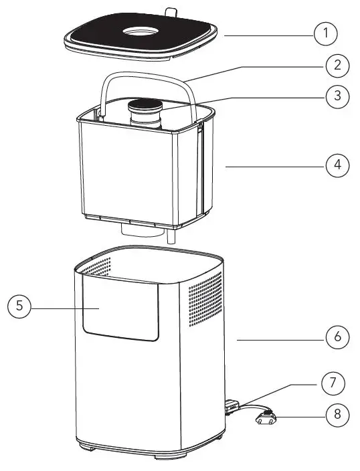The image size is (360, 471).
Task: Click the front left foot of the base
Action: (x=86, y=444)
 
